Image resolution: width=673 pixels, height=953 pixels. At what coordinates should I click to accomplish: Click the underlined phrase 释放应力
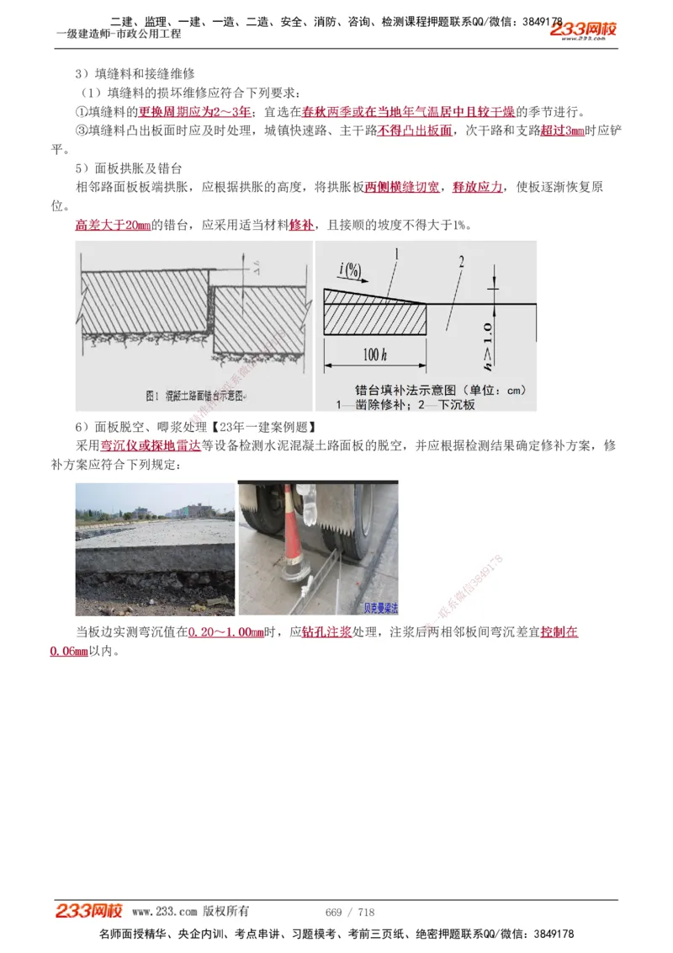click(x=478, y=187)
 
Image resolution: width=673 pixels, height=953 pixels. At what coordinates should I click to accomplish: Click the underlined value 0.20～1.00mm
click(x=225, y=632)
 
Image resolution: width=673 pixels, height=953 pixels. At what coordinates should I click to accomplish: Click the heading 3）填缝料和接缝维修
click(x=135, y=74)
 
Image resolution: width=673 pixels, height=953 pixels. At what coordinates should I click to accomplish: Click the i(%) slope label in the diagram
click(x=351, y=269)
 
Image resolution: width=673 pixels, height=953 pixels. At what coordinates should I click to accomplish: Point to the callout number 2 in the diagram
click(x=460, y=261)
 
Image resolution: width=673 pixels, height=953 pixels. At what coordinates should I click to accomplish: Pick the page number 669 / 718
click(x=349, y=912)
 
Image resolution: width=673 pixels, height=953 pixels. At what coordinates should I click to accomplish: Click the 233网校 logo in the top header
click(x=584, y=30)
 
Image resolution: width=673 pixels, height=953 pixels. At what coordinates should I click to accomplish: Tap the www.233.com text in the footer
click(x=164, y=912)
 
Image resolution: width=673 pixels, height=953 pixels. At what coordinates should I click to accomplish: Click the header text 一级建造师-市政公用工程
click(x=119, y=34)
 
